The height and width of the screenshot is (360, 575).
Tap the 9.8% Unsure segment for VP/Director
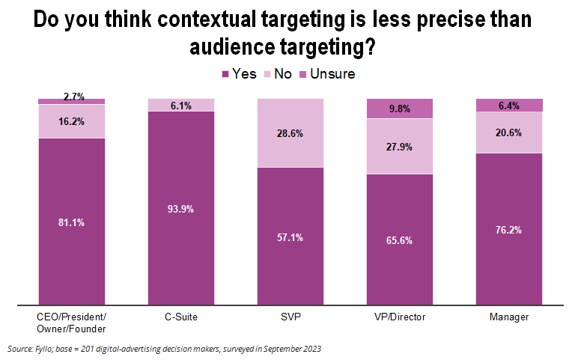[x=399, y=108]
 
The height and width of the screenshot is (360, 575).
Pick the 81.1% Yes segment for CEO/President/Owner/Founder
[x=72, y=222]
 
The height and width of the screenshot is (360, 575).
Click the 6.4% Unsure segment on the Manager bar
[x=509, y=105]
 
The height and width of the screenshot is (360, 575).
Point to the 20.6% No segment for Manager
[x=509, y=132]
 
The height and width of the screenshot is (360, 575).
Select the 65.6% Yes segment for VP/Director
[x=399, y=240]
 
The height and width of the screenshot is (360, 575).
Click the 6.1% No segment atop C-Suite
[x=181, y=105]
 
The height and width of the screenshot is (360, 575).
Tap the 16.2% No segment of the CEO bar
[x=72, y=120]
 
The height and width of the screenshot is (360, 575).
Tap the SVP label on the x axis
[x=290, y=317]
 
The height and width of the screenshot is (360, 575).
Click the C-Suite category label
[x=181, y=317]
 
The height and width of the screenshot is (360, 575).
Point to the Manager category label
[x=509, y=317]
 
